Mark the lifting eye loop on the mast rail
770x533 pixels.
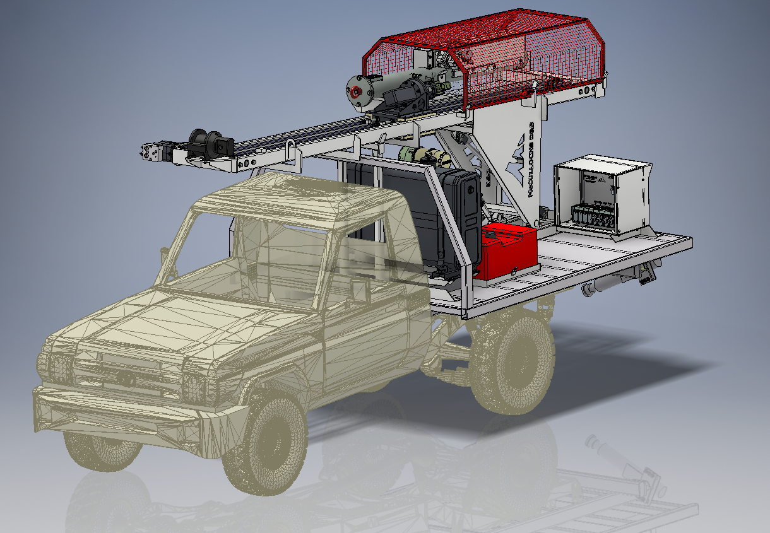tap(291, 151)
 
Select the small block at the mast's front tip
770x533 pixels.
tap(151, 152)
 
